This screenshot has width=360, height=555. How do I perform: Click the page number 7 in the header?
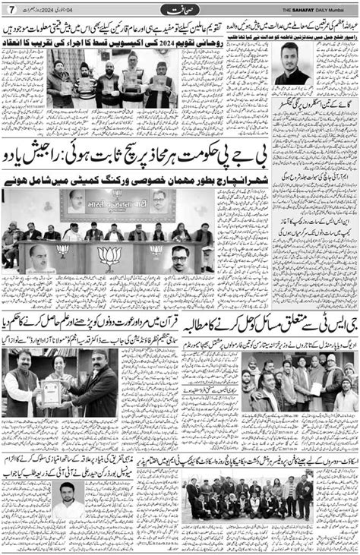tap(11, 8)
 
